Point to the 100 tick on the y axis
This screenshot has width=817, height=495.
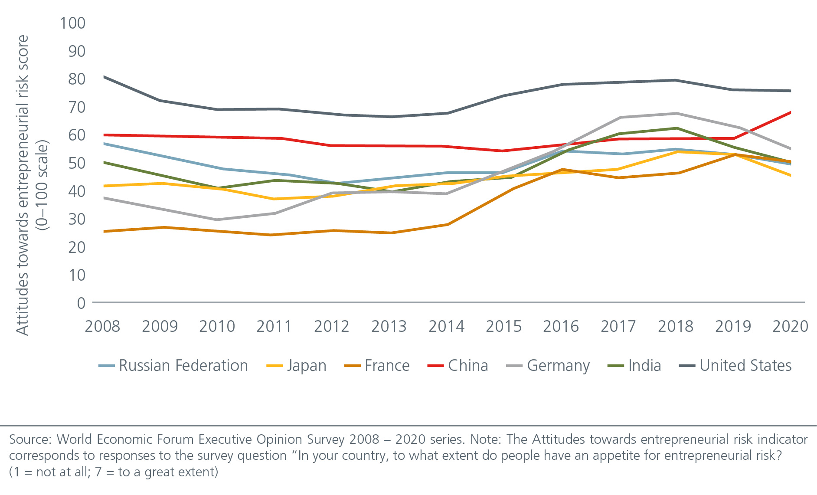click(x=73, y=23)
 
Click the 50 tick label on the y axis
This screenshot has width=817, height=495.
click(x=77, y=163)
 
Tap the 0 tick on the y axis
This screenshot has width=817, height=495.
click(x=81, y=303)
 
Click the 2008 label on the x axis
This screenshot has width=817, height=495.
click(x=102, y=326)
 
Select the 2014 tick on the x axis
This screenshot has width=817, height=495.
click(x=446, y=326)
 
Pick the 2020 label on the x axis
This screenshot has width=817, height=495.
click(x=790, y=326)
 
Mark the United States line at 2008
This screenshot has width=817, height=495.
click(x=104, y=77)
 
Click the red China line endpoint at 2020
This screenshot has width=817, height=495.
click(x=790, y=112)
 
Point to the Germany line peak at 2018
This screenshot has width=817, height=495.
click(x=676, y=113)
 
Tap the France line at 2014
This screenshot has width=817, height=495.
click(x=447, y=224)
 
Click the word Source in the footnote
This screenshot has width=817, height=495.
click(x=30, y=439)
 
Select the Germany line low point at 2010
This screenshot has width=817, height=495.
click(x=217, y=220)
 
